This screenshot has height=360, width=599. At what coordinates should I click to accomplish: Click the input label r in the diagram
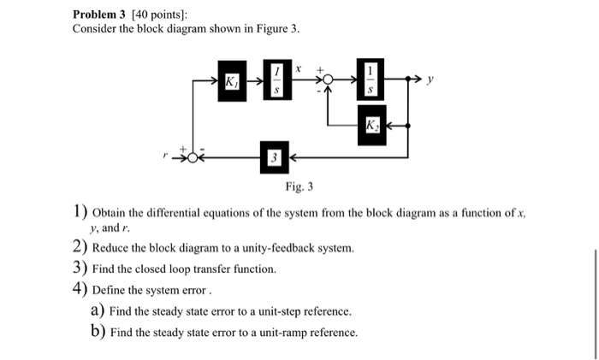coord(168,157)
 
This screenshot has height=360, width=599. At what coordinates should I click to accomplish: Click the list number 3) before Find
coord(80,268)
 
